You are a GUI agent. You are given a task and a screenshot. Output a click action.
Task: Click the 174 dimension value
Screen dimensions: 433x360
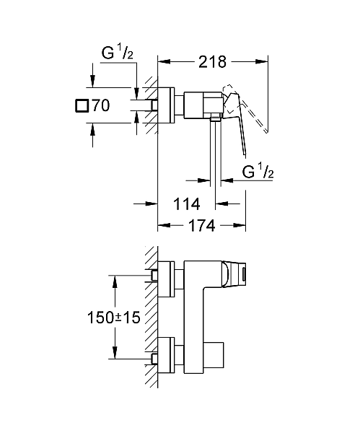point(202,226)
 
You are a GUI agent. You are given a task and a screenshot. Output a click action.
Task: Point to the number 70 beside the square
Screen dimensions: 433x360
point(101,106)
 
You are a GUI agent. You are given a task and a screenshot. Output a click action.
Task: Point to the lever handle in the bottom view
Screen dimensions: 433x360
point(237,274)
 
